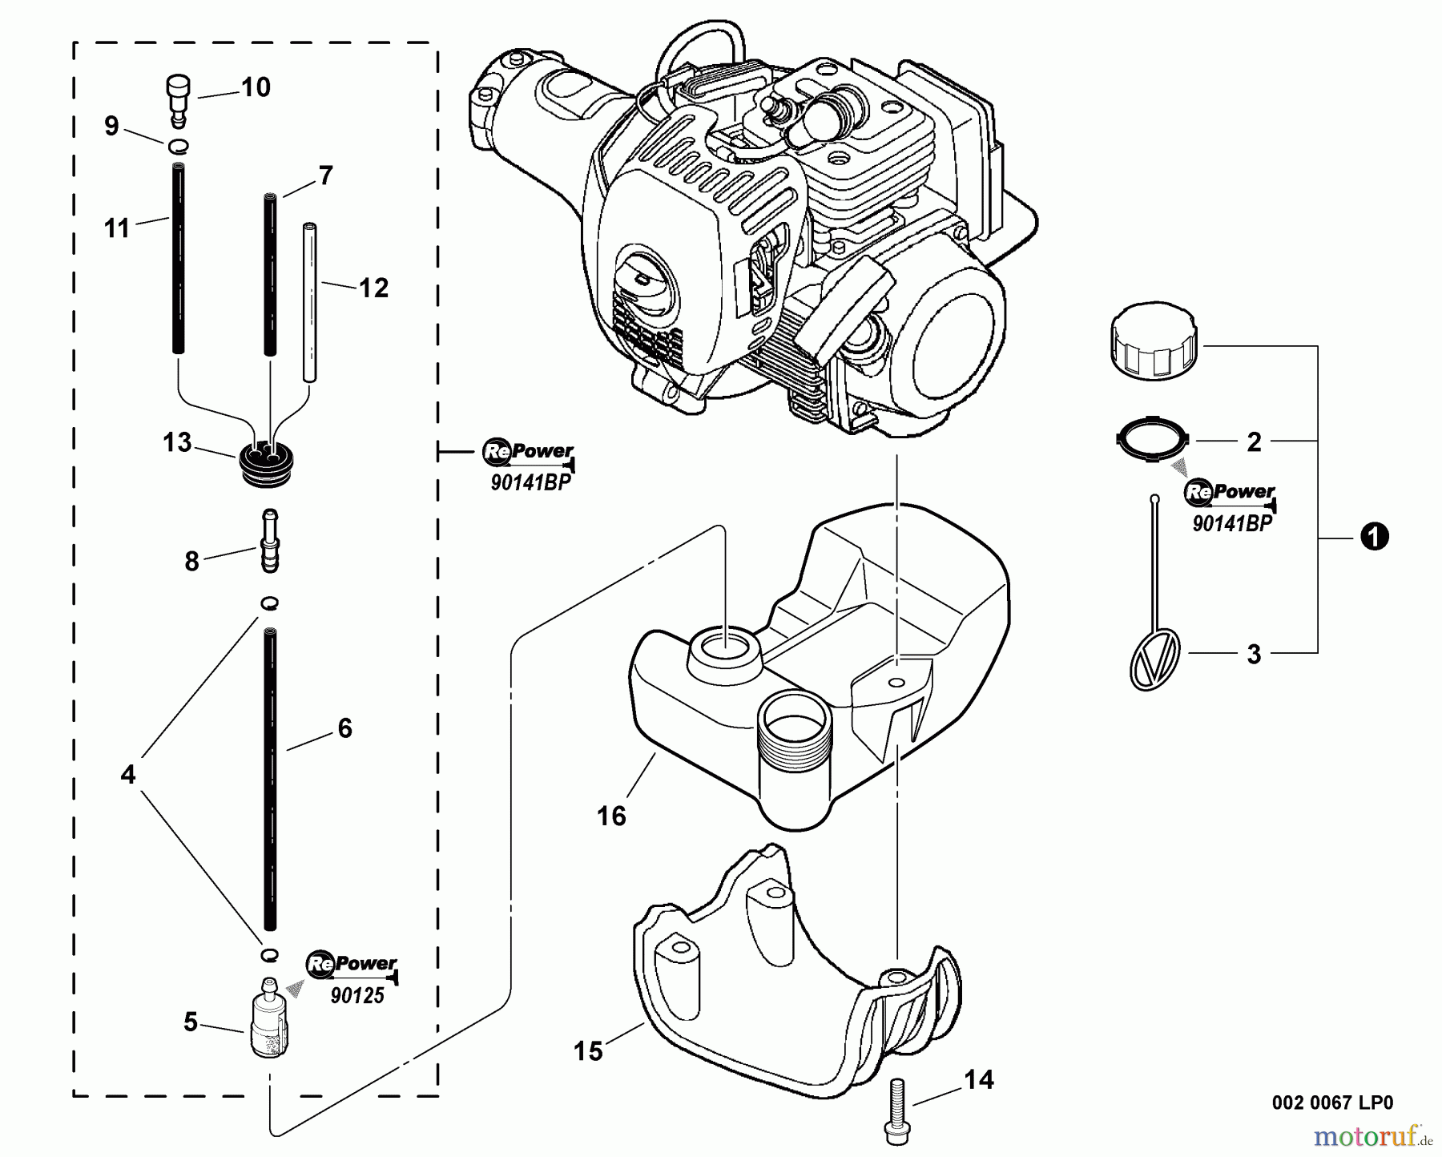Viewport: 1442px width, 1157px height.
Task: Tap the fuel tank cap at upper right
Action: point(1154,347)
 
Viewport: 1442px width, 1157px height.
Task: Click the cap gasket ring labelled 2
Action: point(1152,440)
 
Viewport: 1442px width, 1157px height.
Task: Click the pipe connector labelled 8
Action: point(270,542)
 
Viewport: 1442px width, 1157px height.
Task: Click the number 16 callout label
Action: point(611,816)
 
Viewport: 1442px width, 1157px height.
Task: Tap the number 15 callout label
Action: point(589,1050)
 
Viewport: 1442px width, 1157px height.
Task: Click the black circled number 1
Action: point(1374,537)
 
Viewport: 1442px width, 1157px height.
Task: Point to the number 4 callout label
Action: point(128,774)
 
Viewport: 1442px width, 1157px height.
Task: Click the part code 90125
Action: point(357,996)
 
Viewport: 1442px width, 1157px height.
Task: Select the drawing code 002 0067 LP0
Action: point(1332,1103)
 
